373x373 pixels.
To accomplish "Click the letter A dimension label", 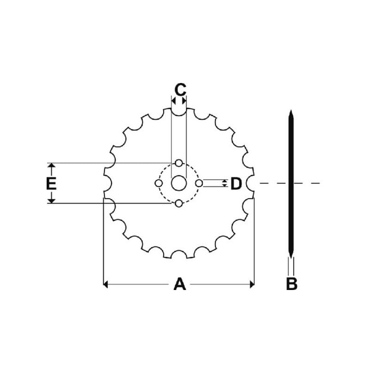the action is (x=180, y=284).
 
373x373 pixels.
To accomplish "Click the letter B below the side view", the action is (x=292, y=283).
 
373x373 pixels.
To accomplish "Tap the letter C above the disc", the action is (x=180, y=89).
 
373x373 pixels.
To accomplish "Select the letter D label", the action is (x=236, y=183).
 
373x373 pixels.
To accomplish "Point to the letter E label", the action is (x=51, y=183).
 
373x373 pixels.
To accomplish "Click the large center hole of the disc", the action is (x=179, y=183).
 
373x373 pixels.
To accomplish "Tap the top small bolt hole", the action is (x=179, y=163).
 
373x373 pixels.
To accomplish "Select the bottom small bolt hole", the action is (x=179, y=204).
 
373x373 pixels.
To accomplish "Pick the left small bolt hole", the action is (x=159, y=183).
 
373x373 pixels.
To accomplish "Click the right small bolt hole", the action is (x=199, y=183).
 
